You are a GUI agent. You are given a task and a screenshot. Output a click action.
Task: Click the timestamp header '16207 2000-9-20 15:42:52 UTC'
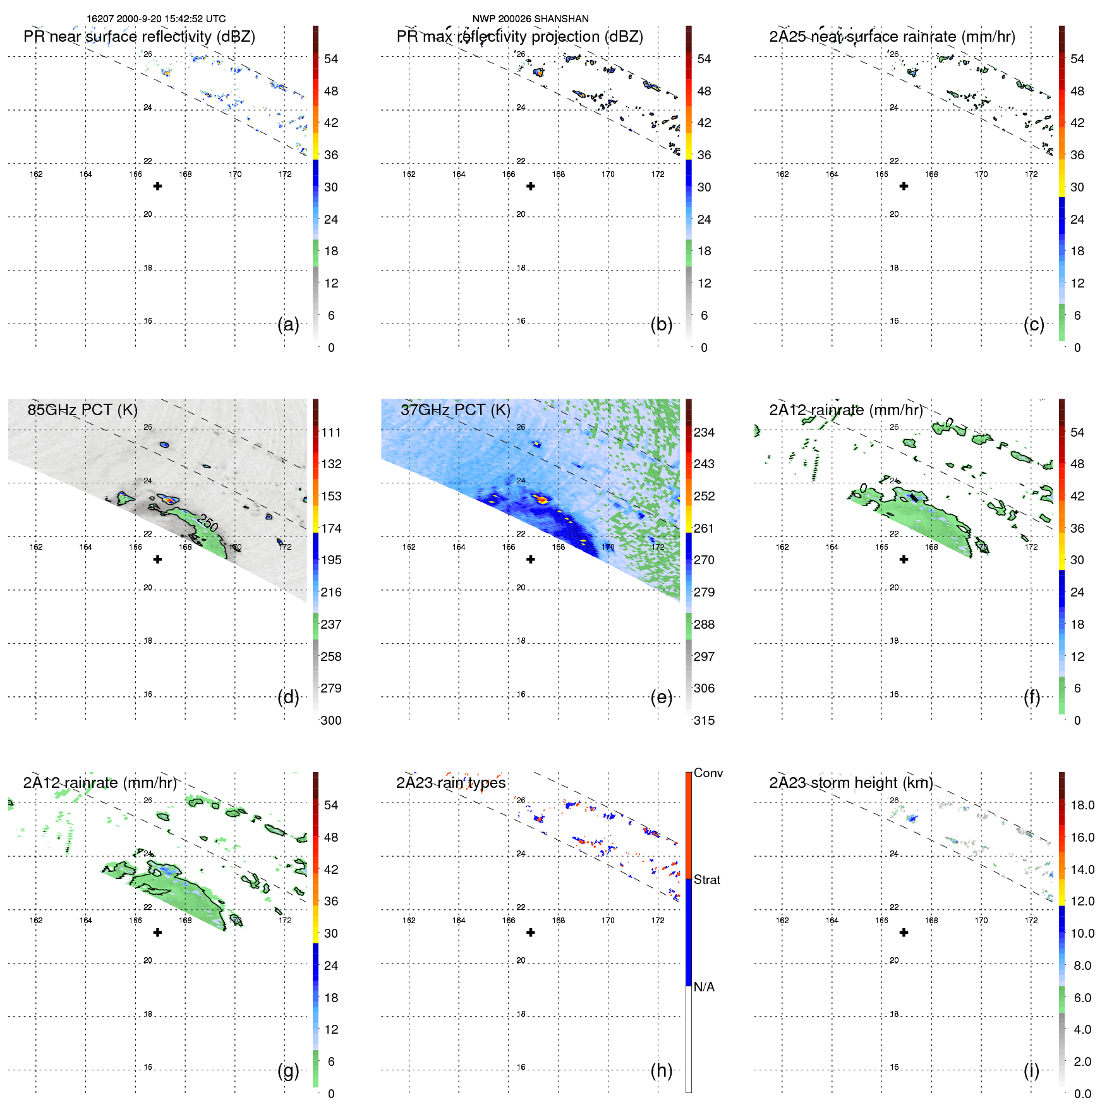156,19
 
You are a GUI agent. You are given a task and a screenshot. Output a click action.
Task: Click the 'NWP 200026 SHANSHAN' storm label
530,19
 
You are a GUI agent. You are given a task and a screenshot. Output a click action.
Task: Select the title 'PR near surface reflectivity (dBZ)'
139,37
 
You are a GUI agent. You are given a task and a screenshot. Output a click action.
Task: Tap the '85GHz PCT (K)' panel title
82,409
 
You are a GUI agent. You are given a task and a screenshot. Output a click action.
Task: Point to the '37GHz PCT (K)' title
455,409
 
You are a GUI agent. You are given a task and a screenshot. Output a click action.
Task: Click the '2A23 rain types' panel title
451,783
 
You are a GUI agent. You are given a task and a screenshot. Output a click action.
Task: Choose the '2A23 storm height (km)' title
850,783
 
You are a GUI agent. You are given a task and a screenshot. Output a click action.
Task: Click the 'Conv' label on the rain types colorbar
708,773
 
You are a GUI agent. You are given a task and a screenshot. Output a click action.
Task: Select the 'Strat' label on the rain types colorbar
706,880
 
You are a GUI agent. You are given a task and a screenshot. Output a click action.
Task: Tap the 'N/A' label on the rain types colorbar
704,987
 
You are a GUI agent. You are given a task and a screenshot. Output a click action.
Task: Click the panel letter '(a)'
288,324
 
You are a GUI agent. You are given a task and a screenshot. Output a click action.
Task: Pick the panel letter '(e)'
661,697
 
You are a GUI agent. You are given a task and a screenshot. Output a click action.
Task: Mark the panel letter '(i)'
1031,1070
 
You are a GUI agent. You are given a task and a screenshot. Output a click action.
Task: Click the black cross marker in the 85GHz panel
158,559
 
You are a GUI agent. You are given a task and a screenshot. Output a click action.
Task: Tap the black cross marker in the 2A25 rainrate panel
904,186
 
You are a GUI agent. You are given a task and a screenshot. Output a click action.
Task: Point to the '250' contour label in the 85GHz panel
208,523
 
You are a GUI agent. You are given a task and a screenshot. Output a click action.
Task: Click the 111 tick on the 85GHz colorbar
330,432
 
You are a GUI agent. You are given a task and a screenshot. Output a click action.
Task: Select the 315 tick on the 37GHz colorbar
704,720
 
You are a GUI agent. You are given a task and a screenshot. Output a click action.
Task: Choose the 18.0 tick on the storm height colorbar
1082,805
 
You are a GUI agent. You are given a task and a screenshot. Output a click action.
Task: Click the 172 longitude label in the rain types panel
658,920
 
